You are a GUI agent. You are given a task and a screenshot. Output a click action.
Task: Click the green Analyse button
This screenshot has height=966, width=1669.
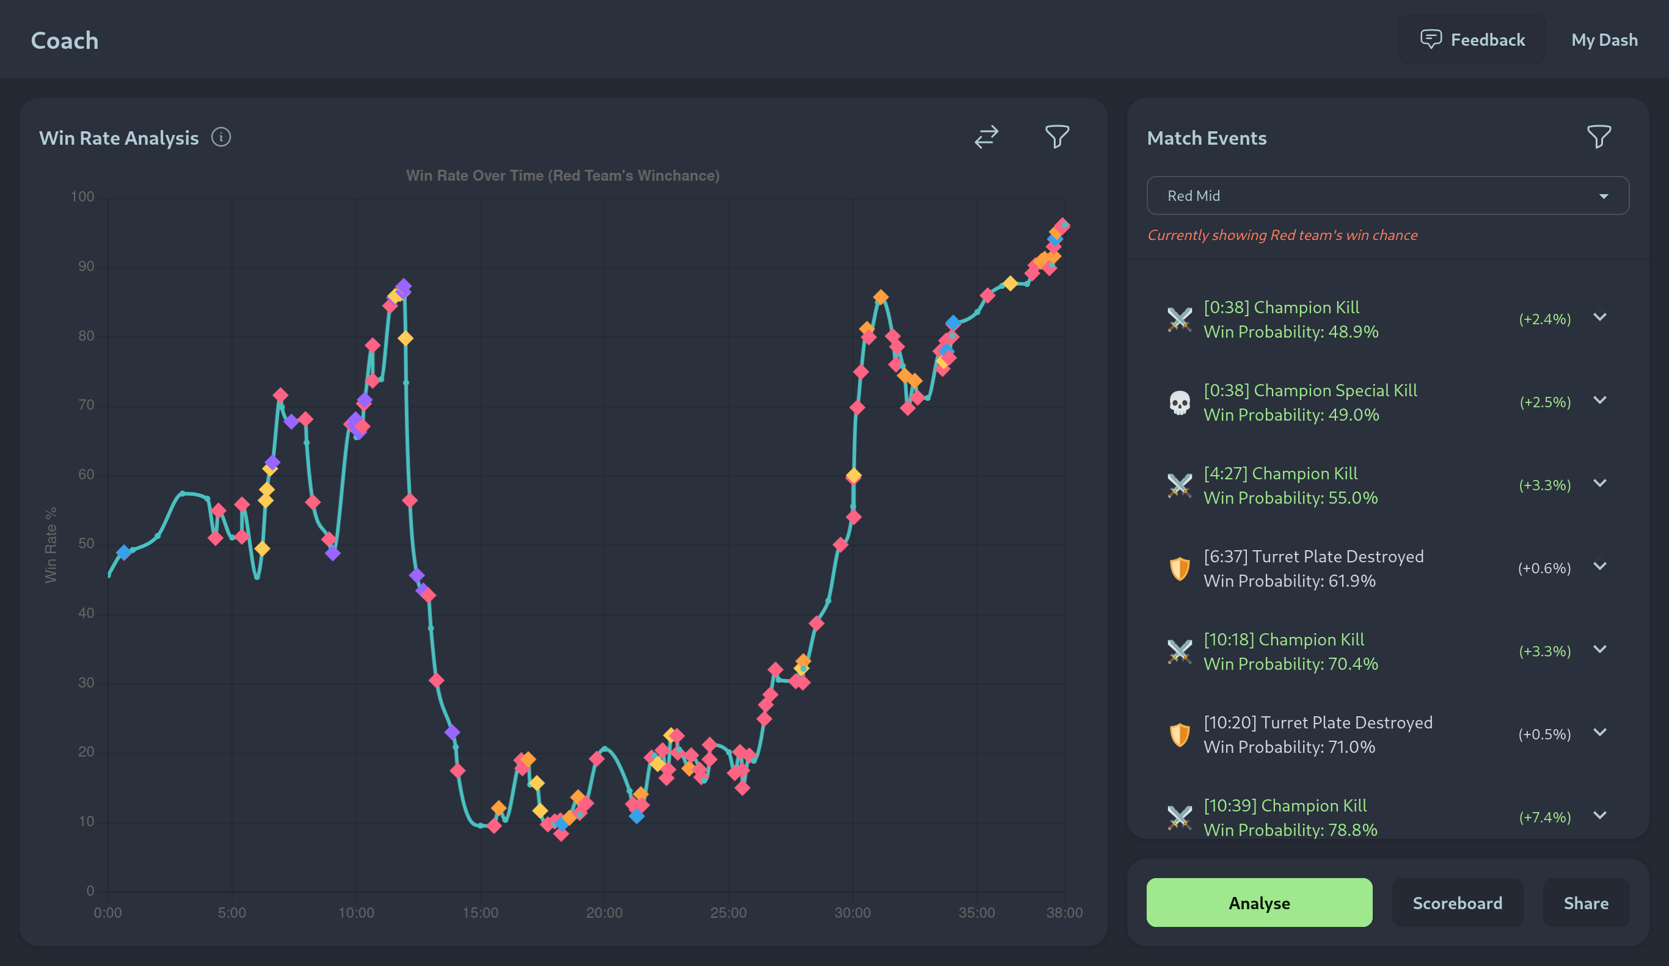tap(1258, 902)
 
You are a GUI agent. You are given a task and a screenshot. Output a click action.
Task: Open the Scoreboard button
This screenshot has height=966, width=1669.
tap(1457, 902)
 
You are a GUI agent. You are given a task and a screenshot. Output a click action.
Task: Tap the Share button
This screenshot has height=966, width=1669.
tap(1585, 902)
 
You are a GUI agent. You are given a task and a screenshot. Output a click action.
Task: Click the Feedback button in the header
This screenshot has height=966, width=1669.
tap(1472, 40)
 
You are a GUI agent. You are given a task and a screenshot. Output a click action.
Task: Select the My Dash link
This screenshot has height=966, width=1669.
tap(1604, 40)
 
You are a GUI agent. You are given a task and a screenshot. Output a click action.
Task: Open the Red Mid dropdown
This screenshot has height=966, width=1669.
tap(1387, 195)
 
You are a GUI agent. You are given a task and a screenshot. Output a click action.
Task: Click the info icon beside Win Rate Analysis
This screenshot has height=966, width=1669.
tap(221, 137)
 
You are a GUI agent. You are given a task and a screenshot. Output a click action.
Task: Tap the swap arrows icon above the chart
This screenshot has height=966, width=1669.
tap(986, 136)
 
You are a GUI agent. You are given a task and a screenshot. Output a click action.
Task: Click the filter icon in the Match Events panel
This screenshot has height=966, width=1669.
tap(1599, 136)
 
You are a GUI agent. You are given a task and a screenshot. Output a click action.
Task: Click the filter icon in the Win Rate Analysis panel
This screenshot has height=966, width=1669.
tap(1057, 136)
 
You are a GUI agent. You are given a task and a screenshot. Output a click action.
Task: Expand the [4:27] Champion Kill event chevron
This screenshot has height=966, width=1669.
tap(1600, 484)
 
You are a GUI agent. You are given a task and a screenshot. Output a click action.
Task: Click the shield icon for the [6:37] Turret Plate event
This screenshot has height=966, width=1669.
tap(1180, 568)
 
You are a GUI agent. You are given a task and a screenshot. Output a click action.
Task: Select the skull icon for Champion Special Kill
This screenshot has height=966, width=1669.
tap(1180, 402)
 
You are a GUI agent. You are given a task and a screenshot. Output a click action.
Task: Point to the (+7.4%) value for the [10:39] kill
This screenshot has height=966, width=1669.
tap(1544, 817)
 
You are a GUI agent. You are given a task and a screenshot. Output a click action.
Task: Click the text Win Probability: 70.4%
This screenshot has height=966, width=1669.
tap(1290, 663)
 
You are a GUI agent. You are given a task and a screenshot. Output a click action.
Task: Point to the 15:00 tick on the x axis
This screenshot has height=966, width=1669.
tap(480, 912)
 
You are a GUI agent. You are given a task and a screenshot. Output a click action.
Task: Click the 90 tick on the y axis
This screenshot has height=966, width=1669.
tap(86, 266)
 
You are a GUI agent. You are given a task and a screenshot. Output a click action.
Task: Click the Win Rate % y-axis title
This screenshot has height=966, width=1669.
tap(51, 545)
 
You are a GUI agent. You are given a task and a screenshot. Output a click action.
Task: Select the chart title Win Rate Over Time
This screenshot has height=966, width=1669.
tap(562, 175)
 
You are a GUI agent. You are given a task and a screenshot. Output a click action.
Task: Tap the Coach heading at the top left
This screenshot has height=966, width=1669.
tap(65, 40)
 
